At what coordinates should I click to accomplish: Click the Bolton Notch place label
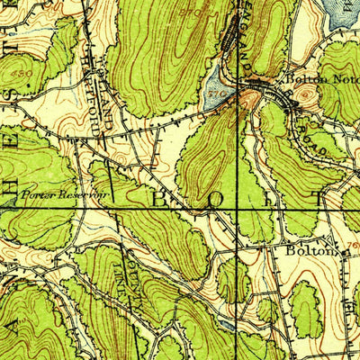tap(314, 79)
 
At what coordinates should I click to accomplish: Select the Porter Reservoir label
tap(52, 193)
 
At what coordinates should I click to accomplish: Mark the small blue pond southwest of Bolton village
tap(225, 319)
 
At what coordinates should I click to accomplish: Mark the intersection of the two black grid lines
tap(239, 210)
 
